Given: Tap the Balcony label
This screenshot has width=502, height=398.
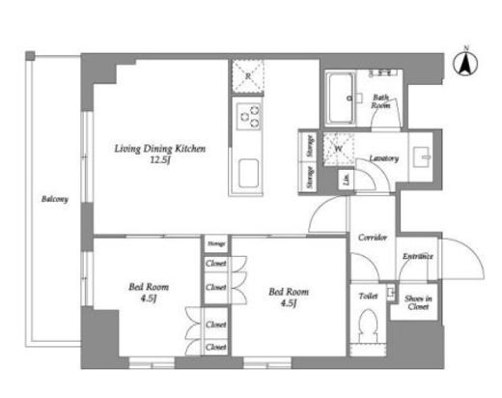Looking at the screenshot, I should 54,200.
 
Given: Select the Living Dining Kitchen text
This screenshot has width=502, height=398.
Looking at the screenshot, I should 159,149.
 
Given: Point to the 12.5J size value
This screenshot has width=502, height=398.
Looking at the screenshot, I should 159,161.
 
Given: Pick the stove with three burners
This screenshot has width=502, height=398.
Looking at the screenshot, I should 248,117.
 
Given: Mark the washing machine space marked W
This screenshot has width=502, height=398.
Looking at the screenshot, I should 339,148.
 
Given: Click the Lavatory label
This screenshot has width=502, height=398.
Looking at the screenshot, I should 383,157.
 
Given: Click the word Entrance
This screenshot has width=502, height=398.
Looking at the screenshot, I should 418,257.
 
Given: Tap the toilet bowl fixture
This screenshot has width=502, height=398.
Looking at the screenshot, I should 368,330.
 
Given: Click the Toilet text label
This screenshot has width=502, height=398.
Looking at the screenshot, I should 368,296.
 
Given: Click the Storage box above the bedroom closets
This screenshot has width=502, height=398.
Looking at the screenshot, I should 215,243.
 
